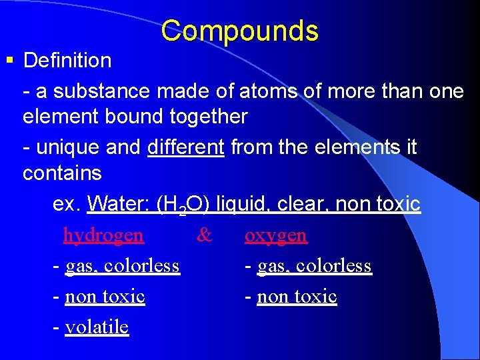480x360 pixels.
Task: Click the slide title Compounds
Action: (239, 31)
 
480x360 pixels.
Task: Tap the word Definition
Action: (67, 61)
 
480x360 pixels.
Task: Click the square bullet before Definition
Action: (9, 61)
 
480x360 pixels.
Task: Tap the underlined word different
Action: (185, 147)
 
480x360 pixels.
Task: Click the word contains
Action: (62, 173)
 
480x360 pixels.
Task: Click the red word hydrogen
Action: (103, 235)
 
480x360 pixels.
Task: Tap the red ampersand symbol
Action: (205, 235)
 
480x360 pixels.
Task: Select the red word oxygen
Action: (276, 235)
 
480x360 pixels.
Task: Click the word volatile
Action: (97, 327)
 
